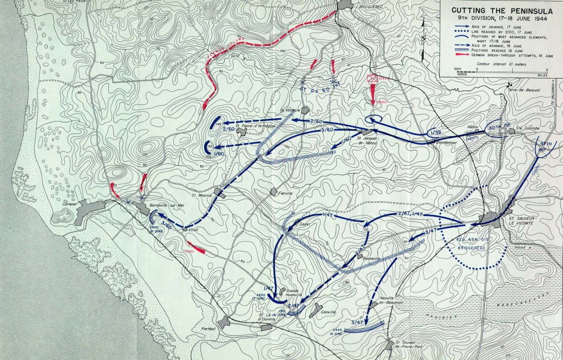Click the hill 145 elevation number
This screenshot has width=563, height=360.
coord(218,125)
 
